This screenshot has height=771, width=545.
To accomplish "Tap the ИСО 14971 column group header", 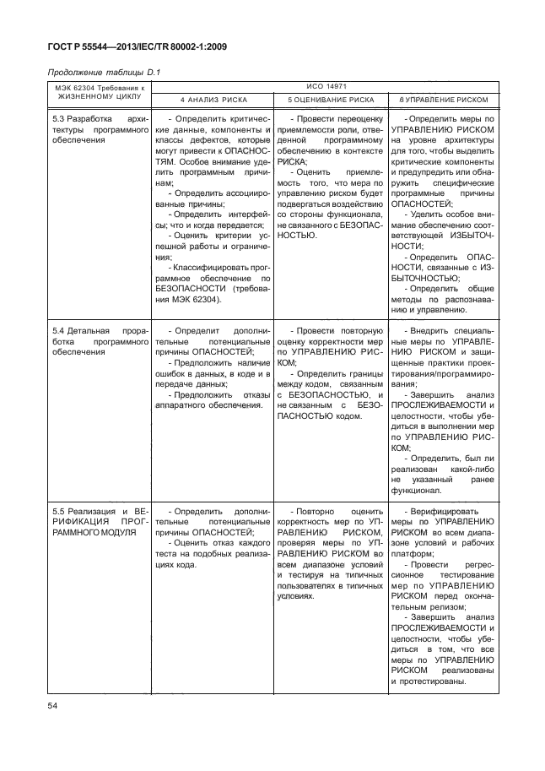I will [325, 85].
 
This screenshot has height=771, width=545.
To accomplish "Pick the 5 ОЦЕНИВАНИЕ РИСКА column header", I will [326, 100].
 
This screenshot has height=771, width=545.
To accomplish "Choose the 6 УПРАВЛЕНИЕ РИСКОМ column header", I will [438, 100].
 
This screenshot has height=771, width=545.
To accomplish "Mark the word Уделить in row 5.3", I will [422, 214].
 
